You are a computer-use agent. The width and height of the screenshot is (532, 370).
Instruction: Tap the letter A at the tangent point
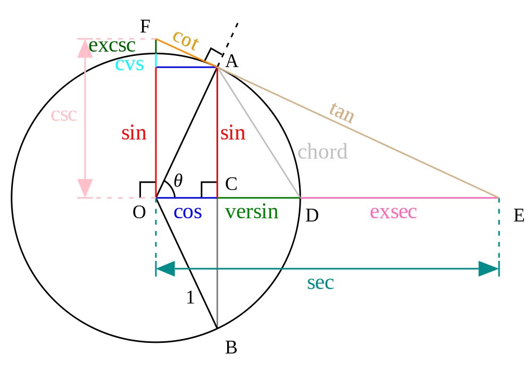click(231, 62)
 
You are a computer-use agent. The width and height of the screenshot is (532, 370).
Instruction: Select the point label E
click(519, 216)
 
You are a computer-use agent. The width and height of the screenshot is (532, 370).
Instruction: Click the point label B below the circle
click(231, 348)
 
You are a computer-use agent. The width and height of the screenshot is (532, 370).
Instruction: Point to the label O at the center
click(139, 212)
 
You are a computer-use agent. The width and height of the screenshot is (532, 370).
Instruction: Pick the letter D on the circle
click(312, 216)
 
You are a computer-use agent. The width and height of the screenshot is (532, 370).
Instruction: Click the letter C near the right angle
click(231, 184)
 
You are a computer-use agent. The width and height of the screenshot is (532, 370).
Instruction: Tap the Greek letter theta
click(178, 181)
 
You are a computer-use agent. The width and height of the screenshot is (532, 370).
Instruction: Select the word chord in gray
click(322, 152)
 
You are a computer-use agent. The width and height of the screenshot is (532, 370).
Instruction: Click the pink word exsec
click(393, 212)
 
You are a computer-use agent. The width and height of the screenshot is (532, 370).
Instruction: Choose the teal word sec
click(320, 283)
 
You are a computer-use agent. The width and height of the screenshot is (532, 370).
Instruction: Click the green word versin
click(252, 212)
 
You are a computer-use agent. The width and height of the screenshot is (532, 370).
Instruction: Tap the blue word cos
click(188, 212)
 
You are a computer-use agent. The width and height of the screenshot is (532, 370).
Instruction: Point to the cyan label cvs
click(130, 65)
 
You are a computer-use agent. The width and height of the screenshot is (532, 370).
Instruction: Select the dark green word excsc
click(112, 46)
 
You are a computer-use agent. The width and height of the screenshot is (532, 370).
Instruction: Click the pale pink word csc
click(64, 115)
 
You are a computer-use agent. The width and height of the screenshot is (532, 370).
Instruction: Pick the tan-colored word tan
click(341, 113)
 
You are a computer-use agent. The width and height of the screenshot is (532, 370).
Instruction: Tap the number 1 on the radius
click(190, 299)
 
